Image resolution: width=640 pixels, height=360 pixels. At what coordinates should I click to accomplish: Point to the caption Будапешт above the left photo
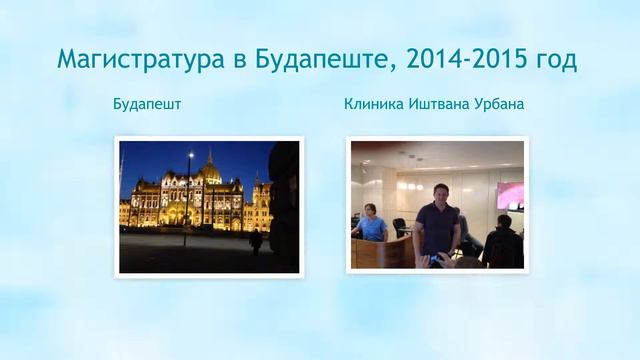(147, 104)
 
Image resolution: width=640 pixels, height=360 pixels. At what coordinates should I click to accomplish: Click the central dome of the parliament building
(209, 170)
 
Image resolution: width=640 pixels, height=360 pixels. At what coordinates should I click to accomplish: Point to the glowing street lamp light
(190, 156)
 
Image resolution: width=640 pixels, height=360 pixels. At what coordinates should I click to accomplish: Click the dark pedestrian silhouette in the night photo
(256, 240)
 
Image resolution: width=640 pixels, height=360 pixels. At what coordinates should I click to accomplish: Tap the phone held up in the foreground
(432, 258)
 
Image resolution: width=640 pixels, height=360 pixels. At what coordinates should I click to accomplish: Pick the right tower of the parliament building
(256, 190)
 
